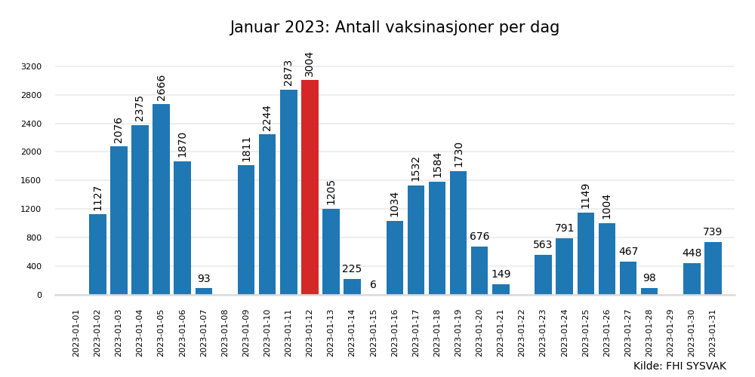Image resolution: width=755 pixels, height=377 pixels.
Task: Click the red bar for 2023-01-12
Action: pyautogui.click(x=310, y=187)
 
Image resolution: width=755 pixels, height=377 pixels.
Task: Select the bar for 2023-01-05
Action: pyautogui.click(x=161, y=199)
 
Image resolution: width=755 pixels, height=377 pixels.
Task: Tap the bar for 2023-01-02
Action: pyautogui.click(x=97, y=254)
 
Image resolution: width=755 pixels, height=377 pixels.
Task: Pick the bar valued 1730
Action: pyautogui.click(x=458, y=232)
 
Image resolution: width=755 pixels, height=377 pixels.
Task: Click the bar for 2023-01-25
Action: pyautogui.click(x=586, y=253)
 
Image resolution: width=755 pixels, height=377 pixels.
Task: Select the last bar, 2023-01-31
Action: pyautogui.click(x=713, y=268)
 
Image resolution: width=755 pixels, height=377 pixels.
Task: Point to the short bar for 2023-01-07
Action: pyautogui.click(x=204, y=291)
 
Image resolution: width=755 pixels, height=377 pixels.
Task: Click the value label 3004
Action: pyautogui.click(x=310, y=64)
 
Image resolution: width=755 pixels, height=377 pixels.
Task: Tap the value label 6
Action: pyautogui.click(x=373, y=285)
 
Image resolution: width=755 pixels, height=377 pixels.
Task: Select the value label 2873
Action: pyautogui.click(x=288, y=73)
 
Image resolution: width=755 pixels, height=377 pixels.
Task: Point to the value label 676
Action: pyautogui.click(x=479, y=237)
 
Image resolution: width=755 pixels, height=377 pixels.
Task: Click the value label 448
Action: pyautogui.click(x=692, y=253)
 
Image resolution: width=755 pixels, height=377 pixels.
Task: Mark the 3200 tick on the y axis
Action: pyautogui.click(x=32, y=66)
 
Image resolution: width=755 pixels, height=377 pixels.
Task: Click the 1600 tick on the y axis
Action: pyautogui.click(x=32, y=180)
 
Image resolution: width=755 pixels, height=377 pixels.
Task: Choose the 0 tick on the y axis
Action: pyautogui.click(x=39, y=295)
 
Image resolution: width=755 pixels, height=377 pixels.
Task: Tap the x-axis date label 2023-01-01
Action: pyautogui.click(x=76, y=333)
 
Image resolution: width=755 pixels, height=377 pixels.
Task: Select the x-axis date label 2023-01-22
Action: pyautogui.click(x=522, y=333)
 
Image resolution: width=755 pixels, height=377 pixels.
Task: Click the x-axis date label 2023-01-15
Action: pyautogui.click(x=373, y=333)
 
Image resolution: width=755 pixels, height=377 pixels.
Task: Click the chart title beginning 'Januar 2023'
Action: pyautogui.click(x=394, y=28)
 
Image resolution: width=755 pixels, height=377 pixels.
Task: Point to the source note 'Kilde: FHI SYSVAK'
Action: pyautogui.click(x=679, y=366)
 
